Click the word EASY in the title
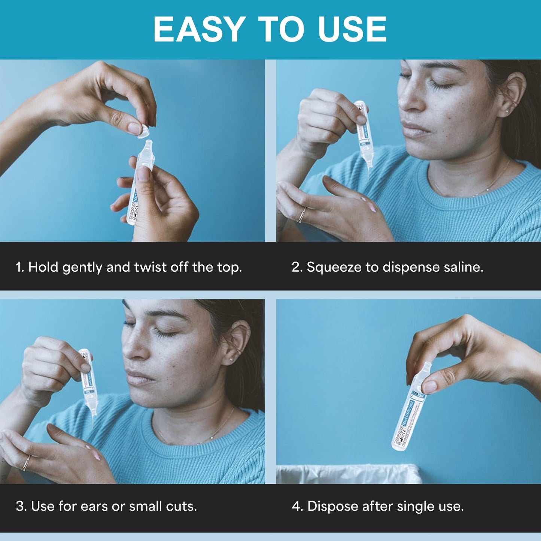point(199,30)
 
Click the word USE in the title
point(352,30)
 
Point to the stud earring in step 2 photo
point(507,111)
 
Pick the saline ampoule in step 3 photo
point(88,382)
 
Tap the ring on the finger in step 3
point(26,463)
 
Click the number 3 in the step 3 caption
point(20,506)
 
